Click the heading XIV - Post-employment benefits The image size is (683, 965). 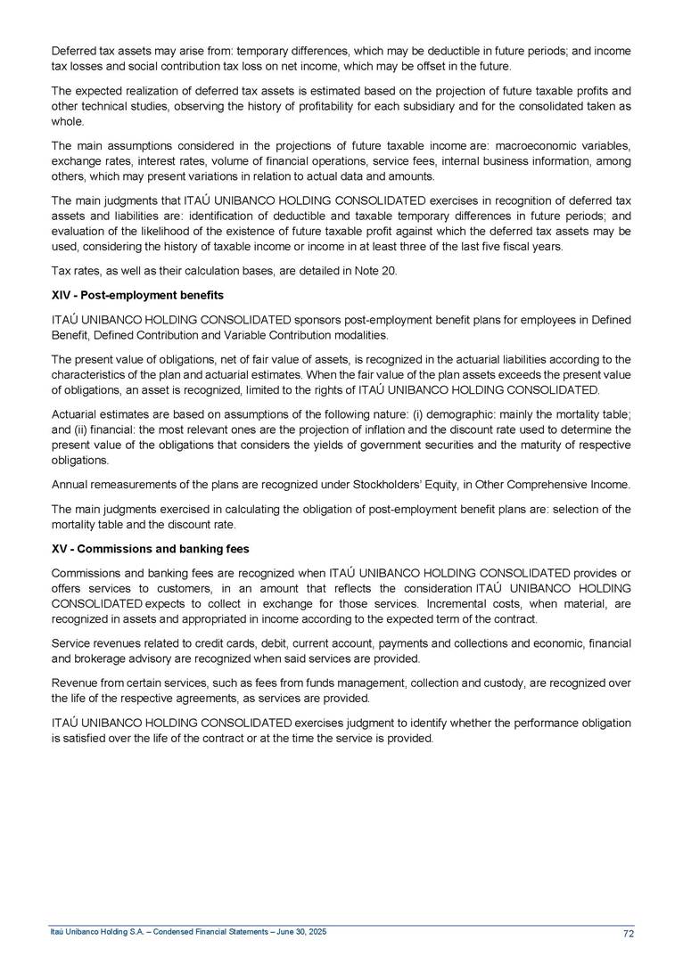pos(137,294)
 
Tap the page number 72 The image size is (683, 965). pos(628,933)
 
